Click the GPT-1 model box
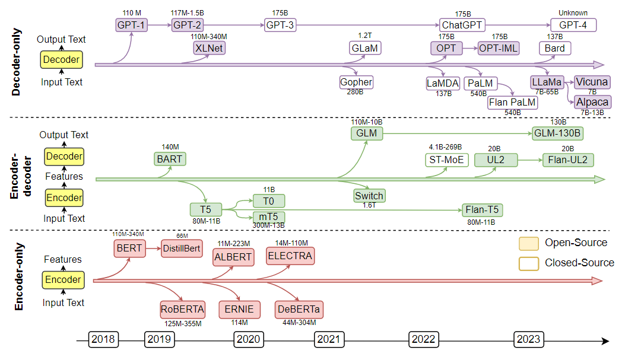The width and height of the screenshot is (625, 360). (131, 25)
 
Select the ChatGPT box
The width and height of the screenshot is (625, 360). (462, 25)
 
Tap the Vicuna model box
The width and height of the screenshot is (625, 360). (592, 82)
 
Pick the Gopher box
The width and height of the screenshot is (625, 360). (356, 82)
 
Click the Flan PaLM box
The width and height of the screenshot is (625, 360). (512, 102)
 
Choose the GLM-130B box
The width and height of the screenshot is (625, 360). (557, 134)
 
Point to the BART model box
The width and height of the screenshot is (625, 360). (169, 159)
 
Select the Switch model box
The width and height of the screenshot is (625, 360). (369, 195)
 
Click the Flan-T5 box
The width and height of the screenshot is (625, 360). (483, 209)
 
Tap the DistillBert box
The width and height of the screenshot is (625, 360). (182, 248)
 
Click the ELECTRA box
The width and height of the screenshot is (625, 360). (290, 256)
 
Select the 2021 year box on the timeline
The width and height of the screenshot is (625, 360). (328, 339)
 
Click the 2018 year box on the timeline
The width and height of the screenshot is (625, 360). (103, 339)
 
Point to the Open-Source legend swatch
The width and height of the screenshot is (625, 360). (528, 243)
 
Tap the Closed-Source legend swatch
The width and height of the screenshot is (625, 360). (528, 263)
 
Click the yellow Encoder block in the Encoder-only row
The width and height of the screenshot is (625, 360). (63, 280)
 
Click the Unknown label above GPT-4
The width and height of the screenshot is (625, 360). (573, 13)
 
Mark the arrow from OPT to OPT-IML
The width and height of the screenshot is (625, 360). (471, 49)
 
